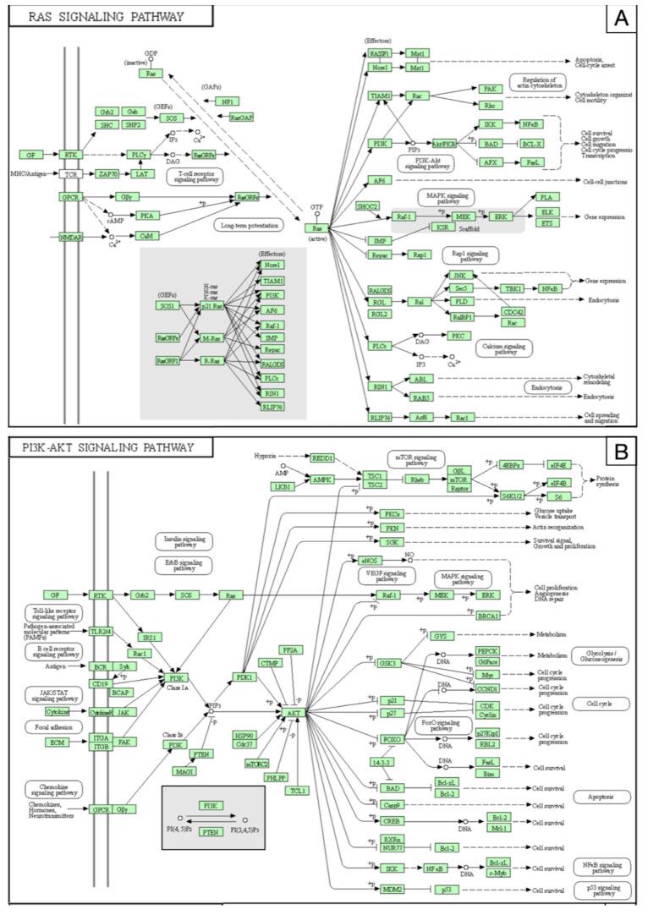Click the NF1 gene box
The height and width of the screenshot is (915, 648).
227,101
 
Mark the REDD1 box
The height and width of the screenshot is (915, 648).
322,457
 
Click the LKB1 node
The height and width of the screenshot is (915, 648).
283,487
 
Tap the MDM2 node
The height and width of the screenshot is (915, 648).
393,889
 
